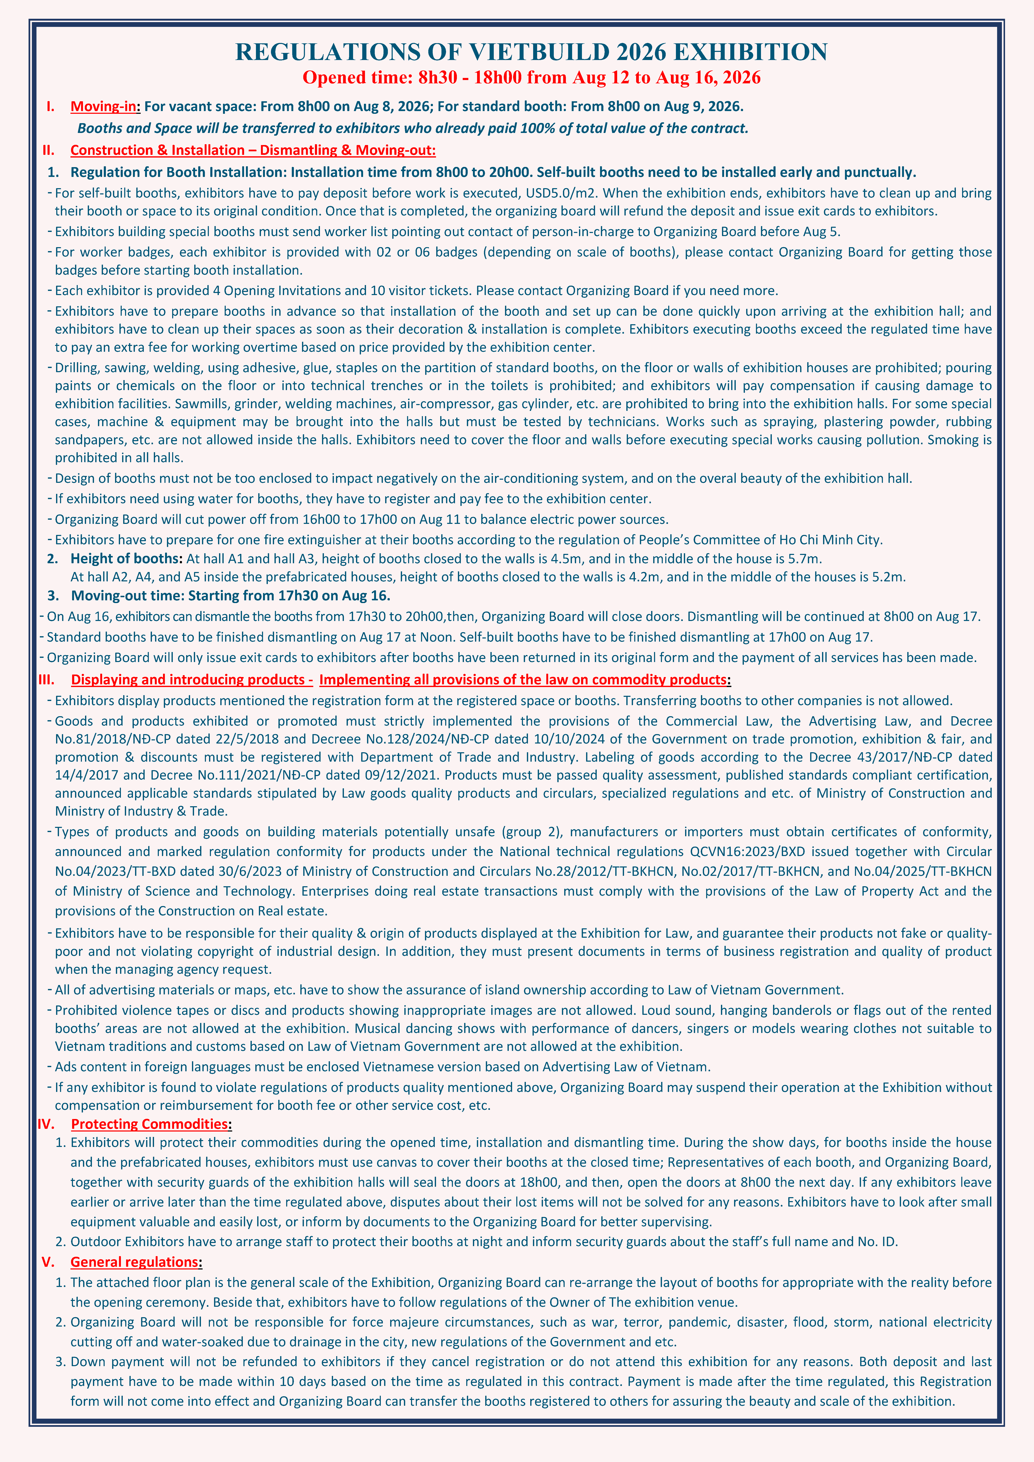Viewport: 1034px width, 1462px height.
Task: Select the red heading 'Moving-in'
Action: (x=103, y=106)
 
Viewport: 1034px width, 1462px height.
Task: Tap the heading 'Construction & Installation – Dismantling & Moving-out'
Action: (x=253, y=150)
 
